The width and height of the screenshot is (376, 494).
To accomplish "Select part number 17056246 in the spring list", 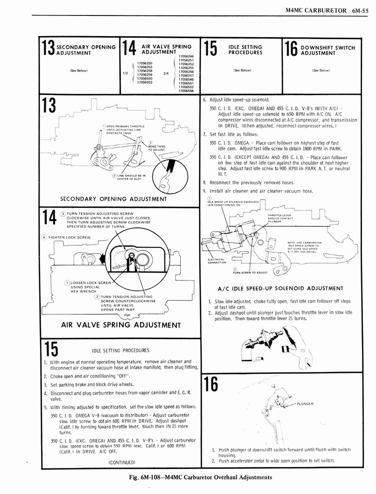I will [186, 56].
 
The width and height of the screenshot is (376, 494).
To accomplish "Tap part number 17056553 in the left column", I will [145, 82].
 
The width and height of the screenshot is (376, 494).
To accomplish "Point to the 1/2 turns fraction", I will [125, 73].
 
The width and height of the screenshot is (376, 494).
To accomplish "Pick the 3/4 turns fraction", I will [166, 73].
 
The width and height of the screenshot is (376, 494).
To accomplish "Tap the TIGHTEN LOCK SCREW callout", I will [67, 237].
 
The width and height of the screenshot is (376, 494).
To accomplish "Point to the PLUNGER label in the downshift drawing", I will [306, 404].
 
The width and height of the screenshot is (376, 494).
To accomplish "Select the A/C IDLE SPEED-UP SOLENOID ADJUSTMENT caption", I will [281, 288].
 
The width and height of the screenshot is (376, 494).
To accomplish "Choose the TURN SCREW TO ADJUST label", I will [250, 272].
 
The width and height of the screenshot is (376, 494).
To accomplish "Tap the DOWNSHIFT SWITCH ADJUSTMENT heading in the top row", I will [327, 50].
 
